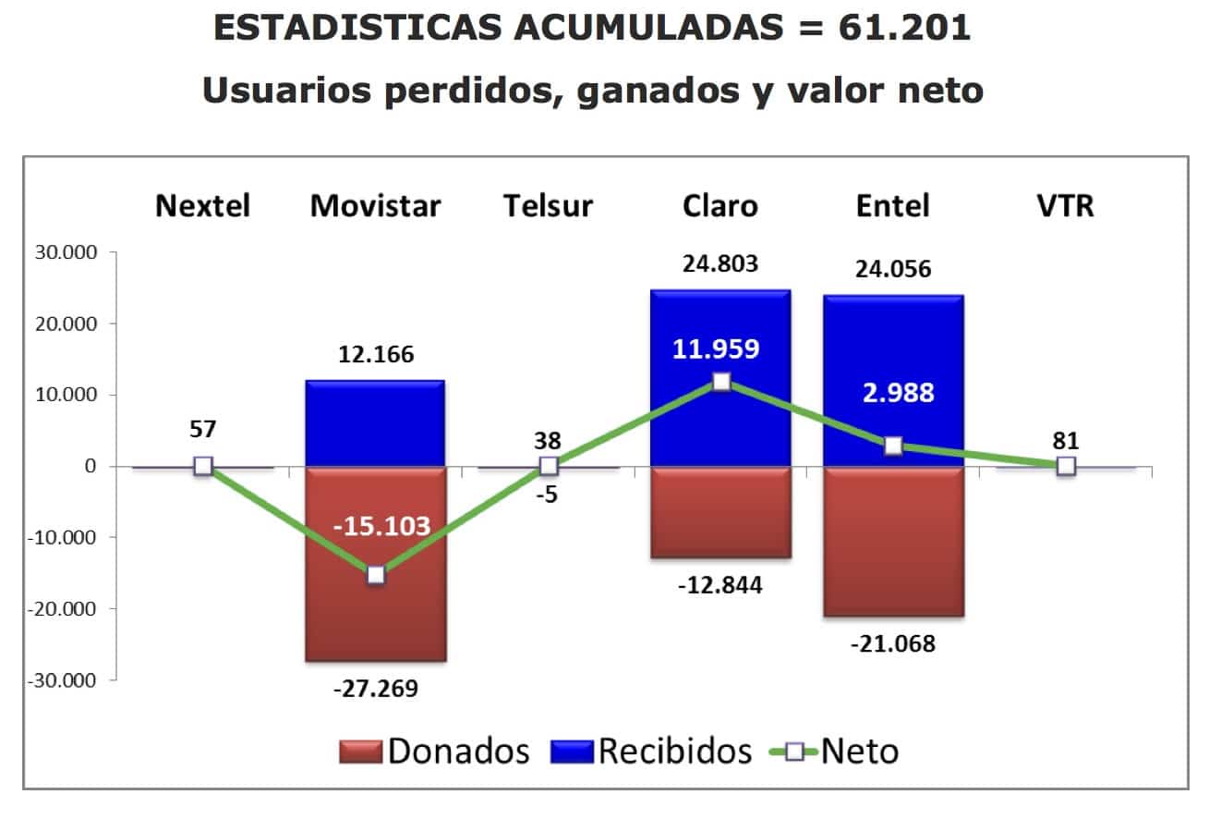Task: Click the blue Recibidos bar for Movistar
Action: click(375, 422)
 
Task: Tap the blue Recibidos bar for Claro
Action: click(720, 425)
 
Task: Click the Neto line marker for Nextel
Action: click(203, 466)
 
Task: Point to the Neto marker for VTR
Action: click(1066, 466)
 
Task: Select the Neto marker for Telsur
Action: click(549, 466)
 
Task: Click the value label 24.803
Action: click(719, 263)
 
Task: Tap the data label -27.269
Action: click(375, 689)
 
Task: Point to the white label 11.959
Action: click(719, 349)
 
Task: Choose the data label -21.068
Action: click(892, 643)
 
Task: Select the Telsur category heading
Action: click(548, 205)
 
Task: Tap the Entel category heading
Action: click(892, 205)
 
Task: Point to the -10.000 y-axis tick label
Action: click(66, 537)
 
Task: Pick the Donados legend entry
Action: click(435, 751)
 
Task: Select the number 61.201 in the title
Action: click(905, 29)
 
